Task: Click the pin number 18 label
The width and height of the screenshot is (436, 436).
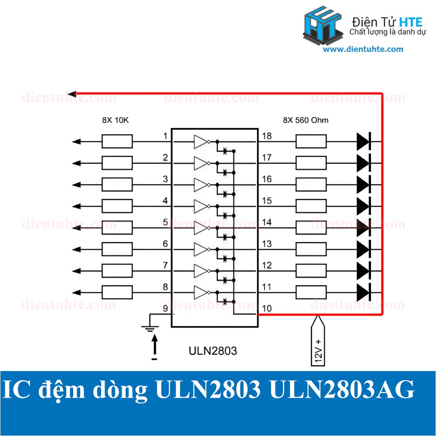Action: [x=267, y=136]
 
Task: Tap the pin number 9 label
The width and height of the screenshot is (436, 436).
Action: [x=165, y=308]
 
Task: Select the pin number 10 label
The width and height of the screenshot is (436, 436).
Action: [x=267, y=308]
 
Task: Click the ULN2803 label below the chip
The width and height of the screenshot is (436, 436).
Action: [x=213, y=351]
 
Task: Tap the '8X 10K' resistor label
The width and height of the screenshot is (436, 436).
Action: [x=116, y=120]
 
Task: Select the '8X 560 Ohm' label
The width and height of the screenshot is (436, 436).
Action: [x=306, y=120]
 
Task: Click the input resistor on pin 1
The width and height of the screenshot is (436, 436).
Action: [x=117, y=142]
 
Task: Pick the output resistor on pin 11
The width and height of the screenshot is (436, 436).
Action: [x=311, y=293]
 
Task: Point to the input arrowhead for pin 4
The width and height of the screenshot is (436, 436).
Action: [x=76, y=206]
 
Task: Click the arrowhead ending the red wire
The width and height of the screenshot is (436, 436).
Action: [x=72, y=94]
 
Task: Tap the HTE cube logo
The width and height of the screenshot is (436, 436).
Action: [x=323, y=25]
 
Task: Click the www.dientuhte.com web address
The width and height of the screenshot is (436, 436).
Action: [x=363, y=49]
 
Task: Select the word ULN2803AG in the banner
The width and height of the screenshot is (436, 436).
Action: [x=342, y=389]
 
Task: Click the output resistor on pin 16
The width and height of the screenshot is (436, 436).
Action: [x=311, y=184]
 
